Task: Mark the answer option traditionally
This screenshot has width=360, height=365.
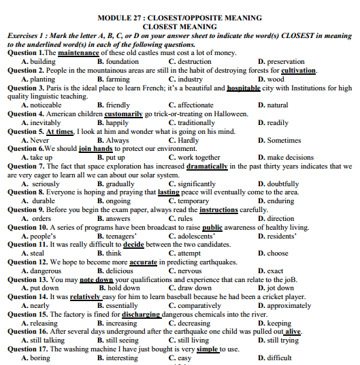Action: point(194,122)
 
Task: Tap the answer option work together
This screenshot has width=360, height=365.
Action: point(198,158)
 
